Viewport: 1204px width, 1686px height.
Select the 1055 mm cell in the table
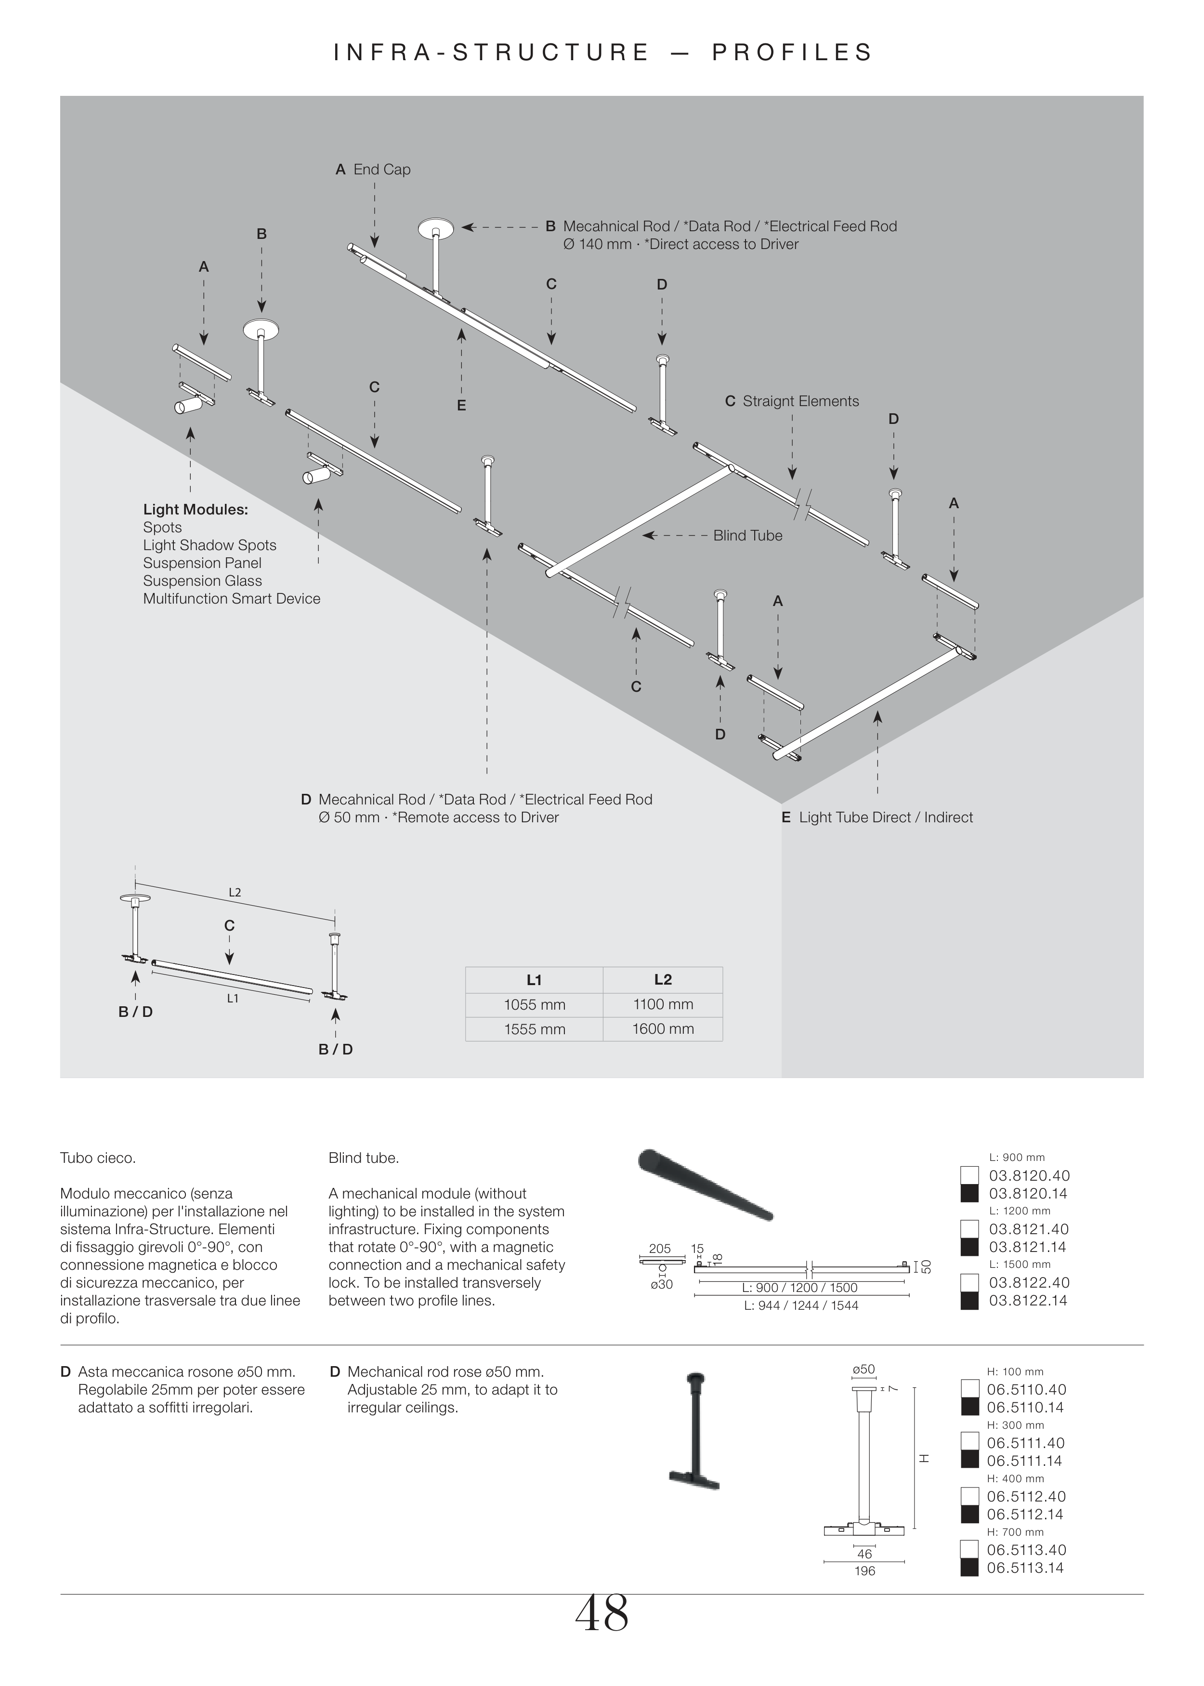535,1005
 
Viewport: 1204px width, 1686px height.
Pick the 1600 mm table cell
663,1029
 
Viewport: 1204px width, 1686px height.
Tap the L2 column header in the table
663,979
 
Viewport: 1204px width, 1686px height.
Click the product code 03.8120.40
1029,1175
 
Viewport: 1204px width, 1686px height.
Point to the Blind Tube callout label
747,535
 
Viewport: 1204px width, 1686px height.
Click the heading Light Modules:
196,509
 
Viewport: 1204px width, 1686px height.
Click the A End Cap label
373,169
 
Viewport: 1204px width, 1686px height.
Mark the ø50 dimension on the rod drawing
864,1370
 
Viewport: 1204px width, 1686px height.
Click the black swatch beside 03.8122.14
969,1301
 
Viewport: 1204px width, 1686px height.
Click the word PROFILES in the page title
793,53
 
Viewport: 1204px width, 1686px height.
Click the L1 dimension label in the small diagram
233,999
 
